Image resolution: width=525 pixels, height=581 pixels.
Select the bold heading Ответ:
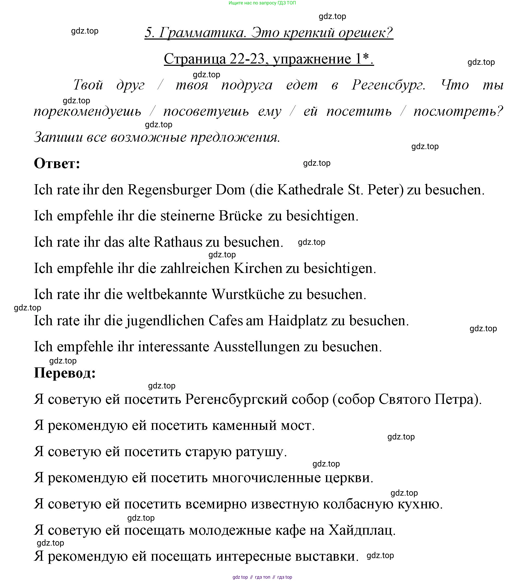57,163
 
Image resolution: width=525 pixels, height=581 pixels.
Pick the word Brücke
240,216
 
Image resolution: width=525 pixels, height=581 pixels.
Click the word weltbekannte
167,295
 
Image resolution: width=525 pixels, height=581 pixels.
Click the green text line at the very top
262,3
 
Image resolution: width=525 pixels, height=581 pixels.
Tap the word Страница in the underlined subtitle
195,59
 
